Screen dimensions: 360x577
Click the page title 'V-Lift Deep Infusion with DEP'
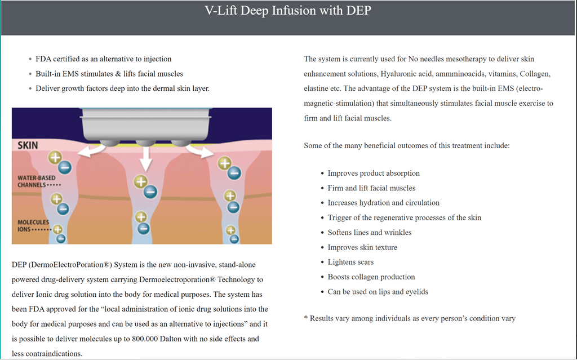tap(288, 11)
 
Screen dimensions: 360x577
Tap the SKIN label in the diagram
tap(28, 145)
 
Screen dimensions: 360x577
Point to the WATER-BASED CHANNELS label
tap(36, 181)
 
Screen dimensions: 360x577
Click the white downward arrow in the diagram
tap(146, 157)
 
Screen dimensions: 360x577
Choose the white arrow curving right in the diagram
tap(197, 149)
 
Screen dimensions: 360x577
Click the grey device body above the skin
tap(147, 122)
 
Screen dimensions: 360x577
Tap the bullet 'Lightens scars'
tap(350, 262)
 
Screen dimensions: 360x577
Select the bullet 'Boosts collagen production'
tap(371, 277)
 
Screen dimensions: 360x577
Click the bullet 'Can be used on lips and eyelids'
tap(378, 292)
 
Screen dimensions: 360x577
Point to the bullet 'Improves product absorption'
tap(374, 173)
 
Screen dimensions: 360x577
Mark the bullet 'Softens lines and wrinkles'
tap(370, 232)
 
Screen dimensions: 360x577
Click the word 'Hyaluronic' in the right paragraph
tap(398, 74)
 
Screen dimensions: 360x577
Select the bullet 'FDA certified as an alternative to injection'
tap(103, 59)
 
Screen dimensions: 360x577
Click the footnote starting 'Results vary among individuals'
tap(412, 318)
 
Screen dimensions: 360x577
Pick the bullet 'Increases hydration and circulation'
tap(383, 203)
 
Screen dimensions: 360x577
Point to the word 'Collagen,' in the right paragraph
tap(535, 74)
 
